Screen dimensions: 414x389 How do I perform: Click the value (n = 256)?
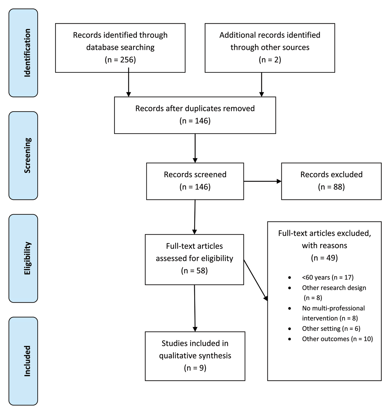click(120, 60)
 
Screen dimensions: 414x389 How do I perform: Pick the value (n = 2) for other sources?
click(270, 60)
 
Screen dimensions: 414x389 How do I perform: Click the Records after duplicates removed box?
click(195, 115)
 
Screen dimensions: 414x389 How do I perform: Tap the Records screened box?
click(195, 181)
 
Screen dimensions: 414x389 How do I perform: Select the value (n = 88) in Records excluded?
click(331, 187)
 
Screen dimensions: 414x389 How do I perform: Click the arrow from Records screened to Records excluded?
click(262, 181)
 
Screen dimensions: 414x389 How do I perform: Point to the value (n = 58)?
click(194, 271)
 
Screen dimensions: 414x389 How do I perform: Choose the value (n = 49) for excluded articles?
click(324, 258)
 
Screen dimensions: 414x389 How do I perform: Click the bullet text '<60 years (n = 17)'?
click(327, 277)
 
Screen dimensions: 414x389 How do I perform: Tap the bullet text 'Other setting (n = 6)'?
click(331, 329)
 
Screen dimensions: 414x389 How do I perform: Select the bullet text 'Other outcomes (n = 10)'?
click(337, 339)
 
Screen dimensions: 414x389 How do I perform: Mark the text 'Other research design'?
click(334, 288)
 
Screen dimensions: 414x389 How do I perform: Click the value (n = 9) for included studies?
click(195, 368)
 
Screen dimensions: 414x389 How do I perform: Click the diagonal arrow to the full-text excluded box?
click(255, 280)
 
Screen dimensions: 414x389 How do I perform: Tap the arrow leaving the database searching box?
click(129, 83)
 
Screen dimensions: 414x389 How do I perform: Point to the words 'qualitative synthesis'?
click(195, 356)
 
